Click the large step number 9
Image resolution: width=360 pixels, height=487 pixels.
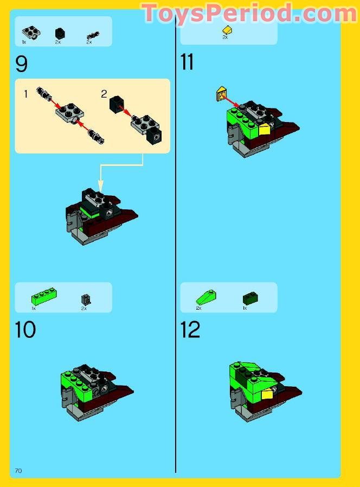22,64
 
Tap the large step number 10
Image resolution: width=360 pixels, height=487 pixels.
25,330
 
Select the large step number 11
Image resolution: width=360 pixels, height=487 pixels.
187,62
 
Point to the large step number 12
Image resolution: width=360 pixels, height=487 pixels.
190,330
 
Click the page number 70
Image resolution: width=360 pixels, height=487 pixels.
18,471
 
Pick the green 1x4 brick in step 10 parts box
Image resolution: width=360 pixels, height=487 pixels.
44,296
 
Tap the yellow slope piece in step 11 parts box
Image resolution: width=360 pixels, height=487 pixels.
228,30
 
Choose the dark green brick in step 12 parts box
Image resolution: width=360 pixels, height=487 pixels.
250,298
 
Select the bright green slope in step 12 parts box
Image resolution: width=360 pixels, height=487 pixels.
206,297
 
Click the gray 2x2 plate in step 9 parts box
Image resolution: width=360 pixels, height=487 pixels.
31,33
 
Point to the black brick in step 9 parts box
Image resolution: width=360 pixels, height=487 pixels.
60,33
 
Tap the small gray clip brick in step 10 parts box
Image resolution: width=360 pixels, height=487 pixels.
86,300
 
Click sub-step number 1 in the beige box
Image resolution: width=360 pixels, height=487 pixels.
26,93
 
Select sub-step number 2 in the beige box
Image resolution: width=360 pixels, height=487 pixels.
104,94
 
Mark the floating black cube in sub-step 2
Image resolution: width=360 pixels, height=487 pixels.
117,104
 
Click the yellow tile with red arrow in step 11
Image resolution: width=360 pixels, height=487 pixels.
221,94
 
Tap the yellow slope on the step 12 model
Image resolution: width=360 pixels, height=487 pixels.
267,395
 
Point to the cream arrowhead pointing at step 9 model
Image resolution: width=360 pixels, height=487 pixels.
100,186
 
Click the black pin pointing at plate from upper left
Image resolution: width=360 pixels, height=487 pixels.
44,94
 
